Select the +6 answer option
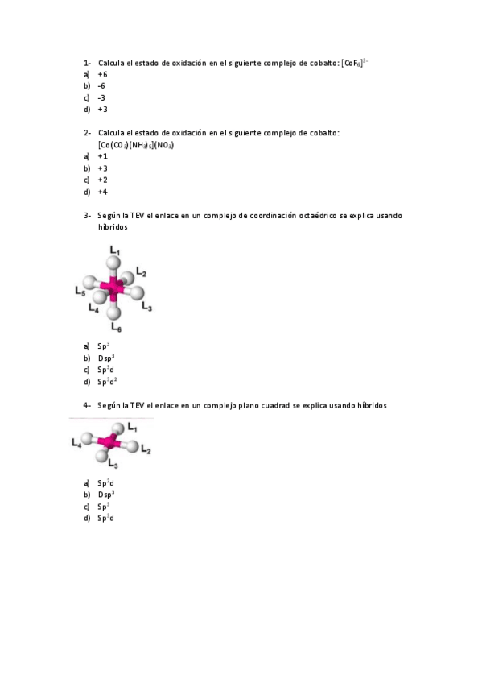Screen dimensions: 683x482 click(102, 74)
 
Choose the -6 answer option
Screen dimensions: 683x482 click(101, 85)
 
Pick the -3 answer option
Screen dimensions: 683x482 click(101, 97)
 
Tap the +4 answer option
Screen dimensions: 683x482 click(102, 192)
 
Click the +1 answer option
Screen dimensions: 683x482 click(102, 156)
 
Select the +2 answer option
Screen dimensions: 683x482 click(102, 180)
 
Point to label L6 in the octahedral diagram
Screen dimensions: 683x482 click(117, 326)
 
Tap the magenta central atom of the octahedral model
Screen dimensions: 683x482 click(115, 287)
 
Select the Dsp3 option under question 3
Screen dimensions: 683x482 click(106, 358)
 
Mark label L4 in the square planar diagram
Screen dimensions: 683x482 click(76, 441)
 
